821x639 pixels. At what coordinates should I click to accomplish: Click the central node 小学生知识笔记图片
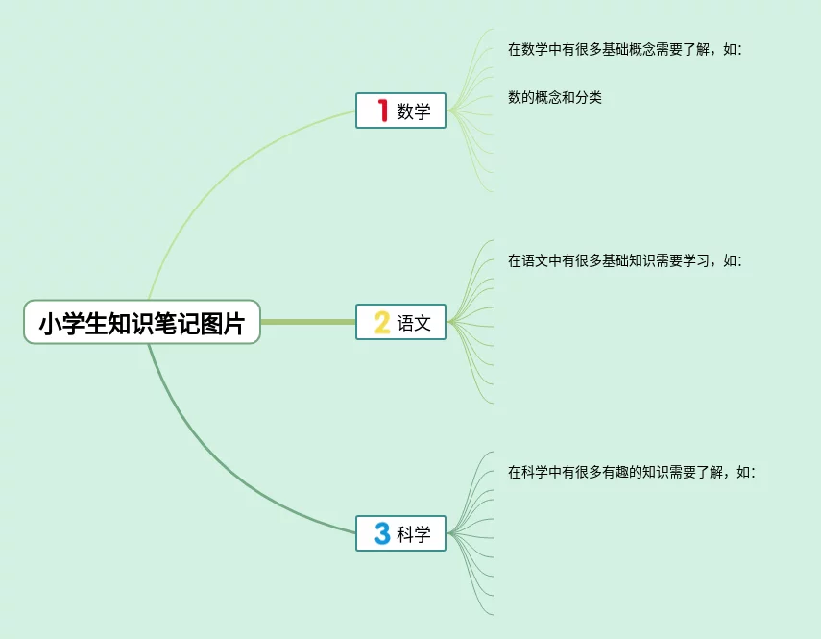142,323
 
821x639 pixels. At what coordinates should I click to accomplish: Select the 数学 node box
400,111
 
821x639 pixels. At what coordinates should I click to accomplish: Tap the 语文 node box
400,322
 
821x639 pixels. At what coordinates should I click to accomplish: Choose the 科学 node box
400,533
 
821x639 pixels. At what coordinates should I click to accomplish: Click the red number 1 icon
381,111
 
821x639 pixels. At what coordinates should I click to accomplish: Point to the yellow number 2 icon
381,323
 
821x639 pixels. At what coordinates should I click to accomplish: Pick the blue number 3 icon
381,533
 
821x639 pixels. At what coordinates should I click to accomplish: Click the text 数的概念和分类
555,97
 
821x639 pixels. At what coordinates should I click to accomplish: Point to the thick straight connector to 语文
307,322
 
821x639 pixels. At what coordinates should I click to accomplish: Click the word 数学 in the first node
414,111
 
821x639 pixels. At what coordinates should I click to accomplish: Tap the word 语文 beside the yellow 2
414,323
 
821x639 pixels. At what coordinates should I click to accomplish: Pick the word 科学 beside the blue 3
414,534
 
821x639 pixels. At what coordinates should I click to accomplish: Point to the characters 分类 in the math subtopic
589,97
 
